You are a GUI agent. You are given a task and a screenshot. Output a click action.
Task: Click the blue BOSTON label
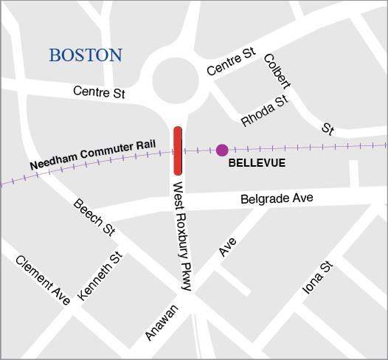pyautogui.click(x=86, y=55)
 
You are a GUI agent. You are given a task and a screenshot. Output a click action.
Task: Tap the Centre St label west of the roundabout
pyautogui.click(x=100, y=93)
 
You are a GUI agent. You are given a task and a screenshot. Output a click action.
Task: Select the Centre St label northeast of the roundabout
pyautogui.click(x=231, y=63)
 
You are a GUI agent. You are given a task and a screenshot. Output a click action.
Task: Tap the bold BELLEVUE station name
pyautogui.click(x=257, y=162)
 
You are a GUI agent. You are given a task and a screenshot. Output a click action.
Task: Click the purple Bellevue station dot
pyautogui.click(x=222, y=150)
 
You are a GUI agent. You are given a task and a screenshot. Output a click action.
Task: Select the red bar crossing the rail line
pyautogui.click(x=178, y=151)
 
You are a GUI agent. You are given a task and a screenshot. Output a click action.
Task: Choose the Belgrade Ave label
pyautogui.click(x=277, y=198)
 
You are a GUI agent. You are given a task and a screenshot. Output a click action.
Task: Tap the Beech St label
pyautogui.click(x=94, y=217)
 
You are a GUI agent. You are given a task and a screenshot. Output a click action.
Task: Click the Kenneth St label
pyautogui.click(x=100, y=276)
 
